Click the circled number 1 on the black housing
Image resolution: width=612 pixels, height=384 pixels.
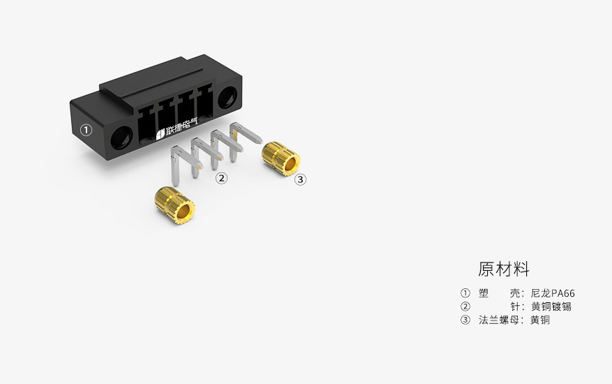(87, 130)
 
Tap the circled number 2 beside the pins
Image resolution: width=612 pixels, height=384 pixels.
(221, 179)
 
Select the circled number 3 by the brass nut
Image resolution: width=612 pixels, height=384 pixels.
(300, 179)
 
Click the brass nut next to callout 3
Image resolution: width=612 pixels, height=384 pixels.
(281, 158)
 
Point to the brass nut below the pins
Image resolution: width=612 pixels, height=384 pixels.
(175, 205)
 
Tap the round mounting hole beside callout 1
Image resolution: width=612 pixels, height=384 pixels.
(122, 138)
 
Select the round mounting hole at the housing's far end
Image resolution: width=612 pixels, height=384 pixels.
(227, 97)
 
